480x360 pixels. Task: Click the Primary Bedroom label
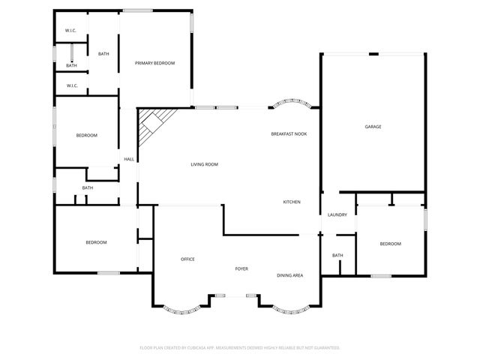tap(154, 63)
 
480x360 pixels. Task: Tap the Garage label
tap(373, 127)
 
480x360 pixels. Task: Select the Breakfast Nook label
tap(289, 133)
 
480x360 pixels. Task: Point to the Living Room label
tap(204, 164)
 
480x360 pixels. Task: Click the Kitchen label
tap(292, 202)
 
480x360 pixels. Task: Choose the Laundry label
tap(337, 215)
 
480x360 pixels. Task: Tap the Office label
tap(187, 259)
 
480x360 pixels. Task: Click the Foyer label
tap(241, 268)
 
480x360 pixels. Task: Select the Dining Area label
tap(290, 276)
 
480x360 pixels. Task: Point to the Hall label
tap(129, 159)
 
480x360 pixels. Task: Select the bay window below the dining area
tap(289, 310)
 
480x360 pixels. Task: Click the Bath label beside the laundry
tap(337, 256)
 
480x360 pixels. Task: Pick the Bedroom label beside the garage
tap(390, 244)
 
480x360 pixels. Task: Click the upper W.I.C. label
tap(71, 31)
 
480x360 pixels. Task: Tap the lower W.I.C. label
tap(72, 85)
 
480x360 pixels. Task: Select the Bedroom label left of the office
tap(96, 242)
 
